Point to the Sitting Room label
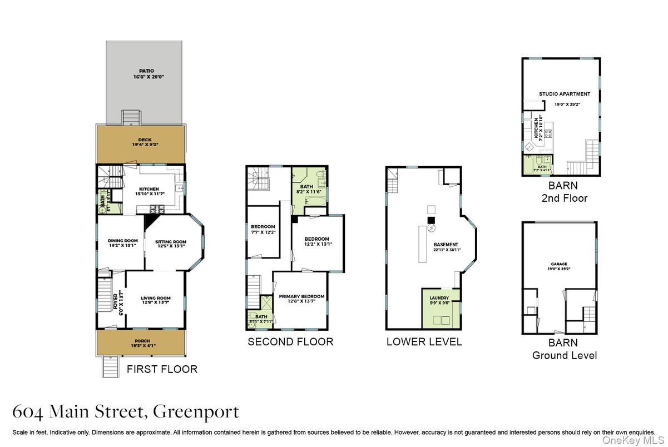pos(170,242)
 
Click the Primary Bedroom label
pos(301,296)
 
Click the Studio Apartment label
pos(565,94)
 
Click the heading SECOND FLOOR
pos(290,342)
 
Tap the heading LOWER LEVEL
pos(424,342)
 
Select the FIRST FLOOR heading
pos(162,369)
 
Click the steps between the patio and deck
pos(130,117)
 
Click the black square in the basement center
pos(430,220)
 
